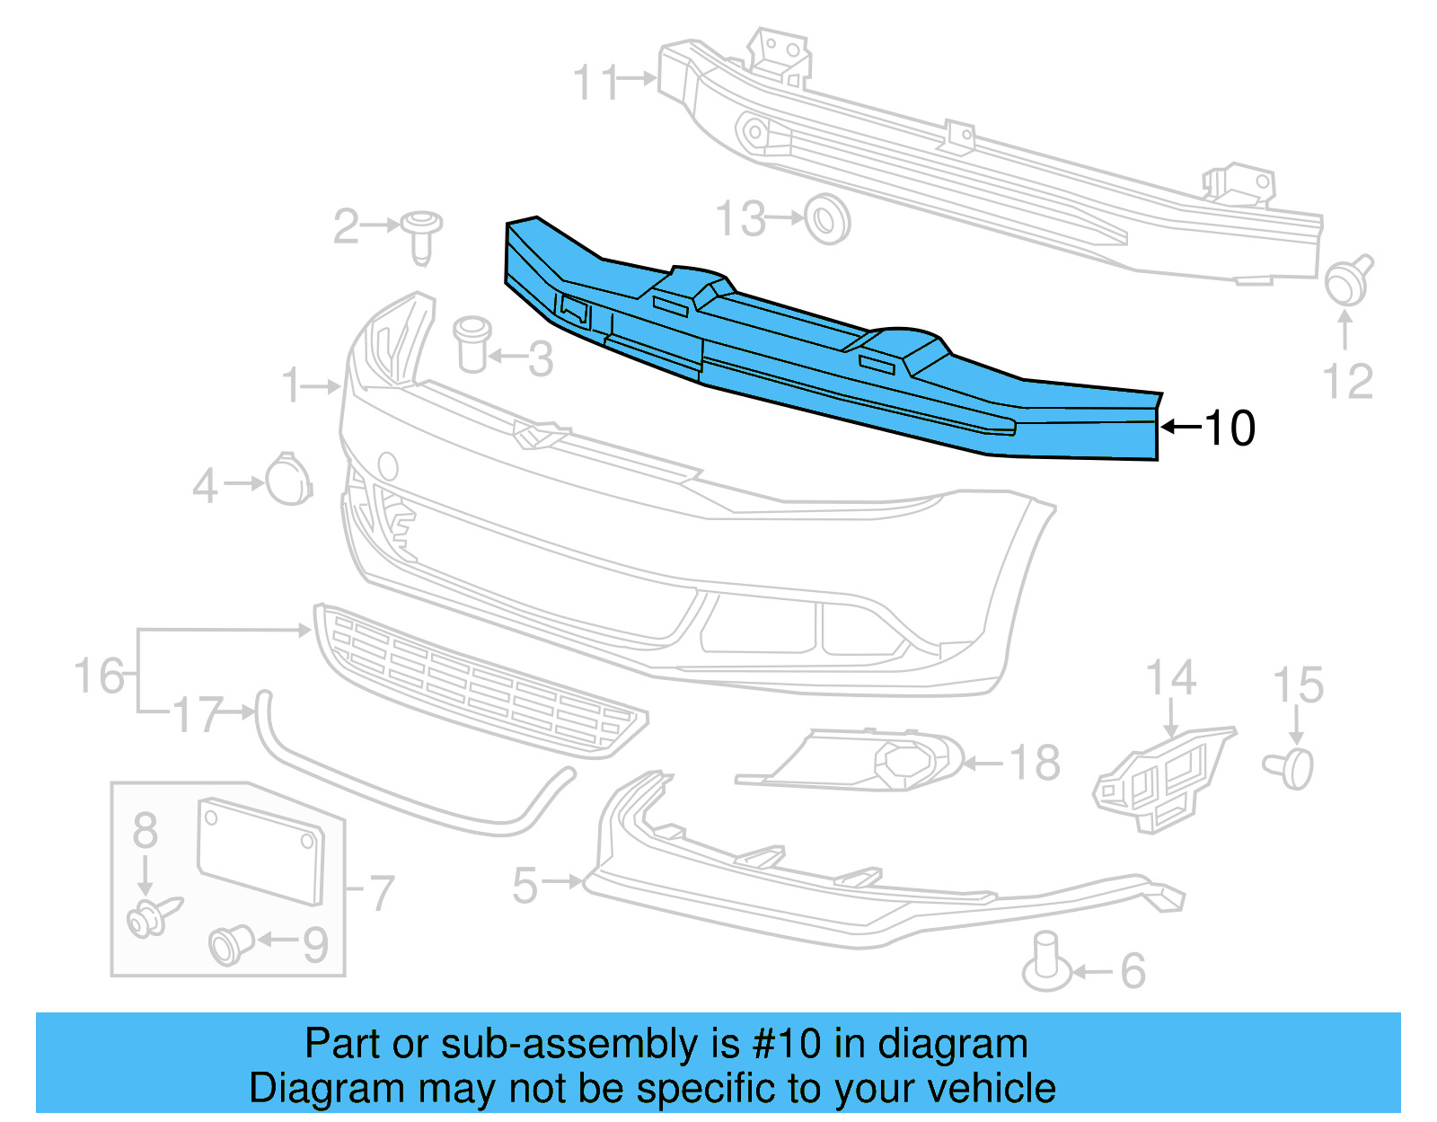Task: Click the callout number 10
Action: (x=1230, y=428)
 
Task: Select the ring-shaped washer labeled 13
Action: (x=827, y=218)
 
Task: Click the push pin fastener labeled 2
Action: (x=421, y=235)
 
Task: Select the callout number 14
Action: (x=1171, y=679)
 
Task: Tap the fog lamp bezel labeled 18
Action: (x=862, y=762)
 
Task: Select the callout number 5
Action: (x=525, y=886)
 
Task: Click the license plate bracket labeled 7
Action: (x=260, y=851)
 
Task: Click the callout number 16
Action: (x=100, y=676)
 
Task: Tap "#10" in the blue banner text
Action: (x=787, y=1045)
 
